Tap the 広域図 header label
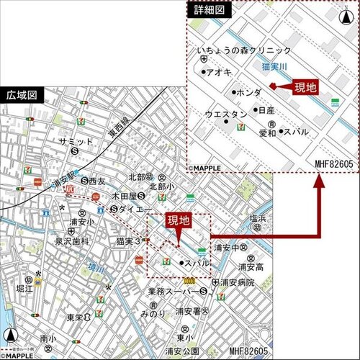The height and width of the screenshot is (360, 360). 22,95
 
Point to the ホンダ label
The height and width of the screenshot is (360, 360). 248,93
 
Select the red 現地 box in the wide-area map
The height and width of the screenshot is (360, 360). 179,220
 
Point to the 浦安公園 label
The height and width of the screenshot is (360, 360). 181,351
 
